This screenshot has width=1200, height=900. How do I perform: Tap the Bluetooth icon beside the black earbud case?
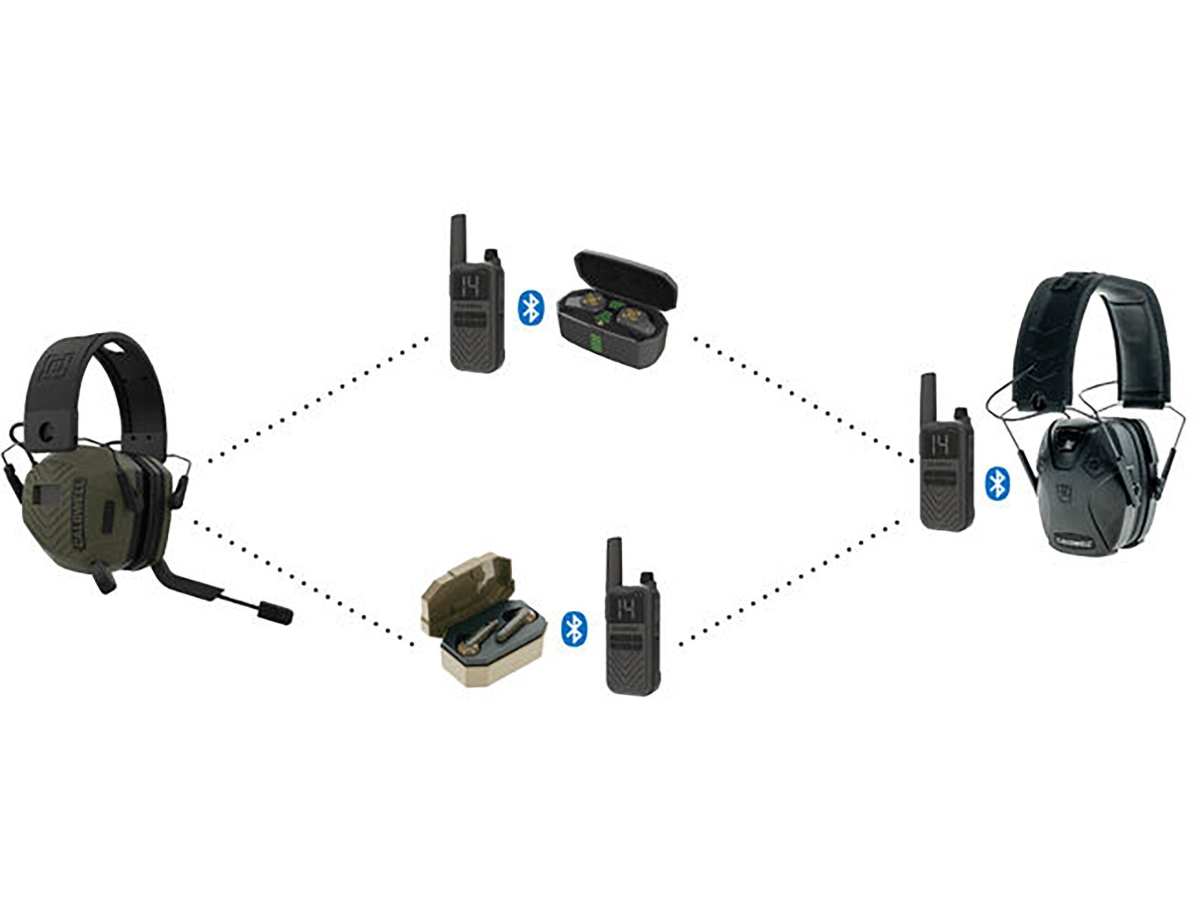530,309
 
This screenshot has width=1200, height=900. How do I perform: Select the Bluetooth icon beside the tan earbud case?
574,628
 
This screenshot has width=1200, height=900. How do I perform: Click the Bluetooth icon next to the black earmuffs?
998,484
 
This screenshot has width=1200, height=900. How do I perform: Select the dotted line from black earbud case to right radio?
802,398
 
